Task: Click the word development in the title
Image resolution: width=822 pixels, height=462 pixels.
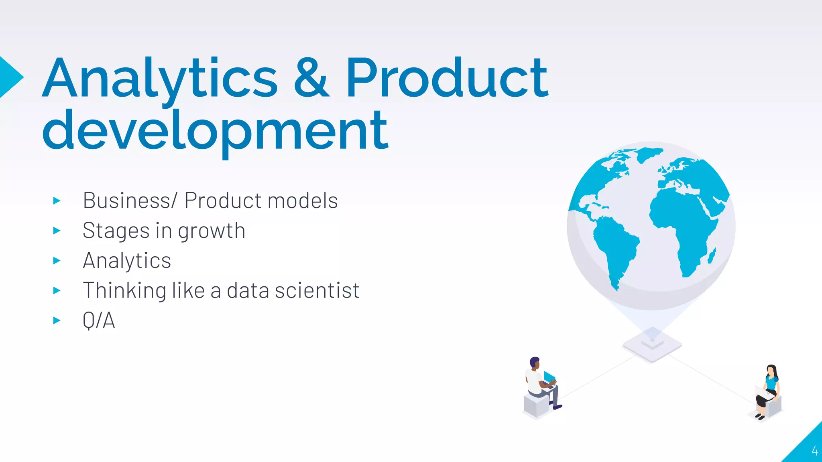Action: click(215, 131)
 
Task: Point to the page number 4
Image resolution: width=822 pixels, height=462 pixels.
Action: click(814, 451)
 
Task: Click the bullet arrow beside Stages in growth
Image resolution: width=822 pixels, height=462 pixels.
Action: click(57, 231)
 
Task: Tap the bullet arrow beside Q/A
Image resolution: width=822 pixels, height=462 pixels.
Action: click(57, 320)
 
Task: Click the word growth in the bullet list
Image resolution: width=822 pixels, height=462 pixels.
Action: click(212, 231)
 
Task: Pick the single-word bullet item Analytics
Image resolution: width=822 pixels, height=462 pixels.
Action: click(127, 261)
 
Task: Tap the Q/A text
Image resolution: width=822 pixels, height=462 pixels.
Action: click(99, 320)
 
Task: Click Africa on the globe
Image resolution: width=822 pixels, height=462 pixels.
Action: click(682, 225)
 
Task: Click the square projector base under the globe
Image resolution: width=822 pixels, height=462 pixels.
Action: click(652, 346)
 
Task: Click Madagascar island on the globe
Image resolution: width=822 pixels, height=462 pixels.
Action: click(712, 256)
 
